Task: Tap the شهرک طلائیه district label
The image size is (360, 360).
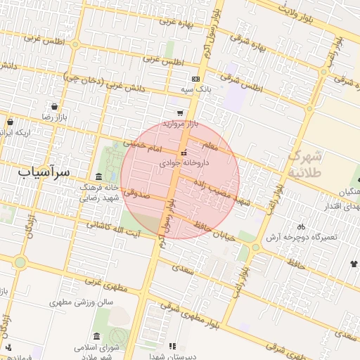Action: [306, 163]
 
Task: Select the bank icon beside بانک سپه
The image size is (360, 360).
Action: [195, 79]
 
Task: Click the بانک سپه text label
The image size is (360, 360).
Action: [196, 89]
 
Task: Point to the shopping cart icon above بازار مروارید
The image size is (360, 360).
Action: [180, 112]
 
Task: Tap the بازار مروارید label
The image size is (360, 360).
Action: [180, 123]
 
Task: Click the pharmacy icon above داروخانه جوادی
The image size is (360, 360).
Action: [184, 153]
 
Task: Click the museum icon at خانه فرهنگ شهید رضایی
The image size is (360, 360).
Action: [98, 176]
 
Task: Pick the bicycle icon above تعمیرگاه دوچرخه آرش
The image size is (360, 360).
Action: [302, 226]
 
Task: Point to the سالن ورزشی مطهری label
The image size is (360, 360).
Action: [82, 302]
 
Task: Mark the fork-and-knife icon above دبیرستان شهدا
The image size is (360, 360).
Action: [172, 345]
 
